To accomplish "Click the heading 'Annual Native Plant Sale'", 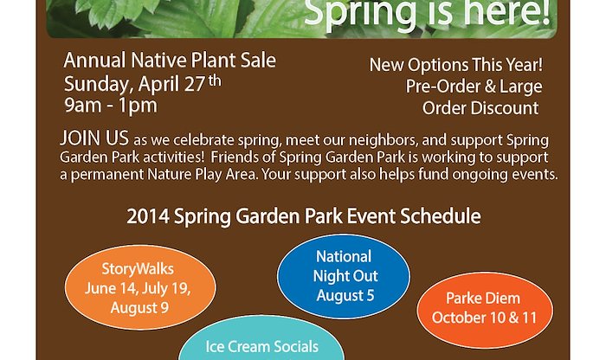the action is (x=170, y=61).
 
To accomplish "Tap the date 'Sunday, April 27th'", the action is (x=143, y=84).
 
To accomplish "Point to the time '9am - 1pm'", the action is (x=111, y=105).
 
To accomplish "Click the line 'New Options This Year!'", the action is (x=456, y=65).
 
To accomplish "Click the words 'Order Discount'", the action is (x=480, y=108).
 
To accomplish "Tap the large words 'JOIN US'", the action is (x=94, y=138).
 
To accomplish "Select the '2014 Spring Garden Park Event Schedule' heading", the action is (x=304, y=216).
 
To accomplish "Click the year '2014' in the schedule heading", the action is (x=148, y=216).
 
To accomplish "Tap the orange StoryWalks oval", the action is (x=140, y=287).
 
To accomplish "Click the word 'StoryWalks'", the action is (x=138, y=269).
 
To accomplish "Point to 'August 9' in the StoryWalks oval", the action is (x=139, y=308).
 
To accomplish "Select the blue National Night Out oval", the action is (x=344, y=276).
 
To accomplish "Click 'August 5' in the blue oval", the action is (x=345, y=295).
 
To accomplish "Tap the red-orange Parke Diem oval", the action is (x=485, y=310).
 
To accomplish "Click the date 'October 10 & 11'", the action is (x=485, y=318).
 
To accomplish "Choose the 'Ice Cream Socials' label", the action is (x=262, y=347).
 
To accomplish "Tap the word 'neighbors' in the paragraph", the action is (x=384, y=140).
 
